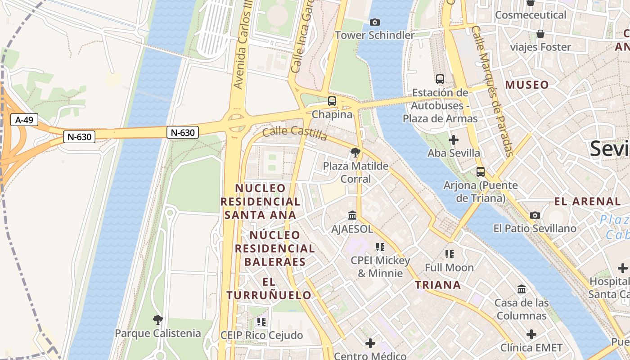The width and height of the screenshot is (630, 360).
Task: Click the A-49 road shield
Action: point(24,120)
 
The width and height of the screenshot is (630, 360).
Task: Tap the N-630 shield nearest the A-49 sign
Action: point(79,137)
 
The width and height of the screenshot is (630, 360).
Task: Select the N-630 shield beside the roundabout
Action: point(183,132)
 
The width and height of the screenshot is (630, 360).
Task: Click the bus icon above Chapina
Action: point(332,101)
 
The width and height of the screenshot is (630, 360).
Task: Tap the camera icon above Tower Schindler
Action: point(374,22)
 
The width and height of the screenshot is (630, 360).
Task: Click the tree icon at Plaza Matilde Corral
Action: point(355,153)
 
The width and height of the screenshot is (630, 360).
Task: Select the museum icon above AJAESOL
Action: point(352,216)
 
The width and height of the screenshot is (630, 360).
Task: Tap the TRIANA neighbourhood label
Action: point(438,285)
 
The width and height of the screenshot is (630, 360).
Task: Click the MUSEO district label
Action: point(527,85)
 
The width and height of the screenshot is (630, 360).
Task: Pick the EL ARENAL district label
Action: point(587,201)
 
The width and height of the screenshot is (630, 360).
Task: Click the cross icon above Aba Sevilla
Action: point(454,140)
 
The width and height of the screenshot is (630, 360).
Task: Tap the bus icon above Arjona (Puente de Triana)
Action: point(481,172)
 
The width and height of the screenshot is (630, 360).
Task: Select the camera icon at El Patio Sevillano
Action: point(535,215)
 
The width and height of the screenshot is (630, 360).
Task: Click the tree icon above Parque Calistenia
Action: point(157,320)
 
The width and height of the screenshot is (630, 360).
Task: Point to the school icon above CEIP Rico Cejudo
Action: point(261,322)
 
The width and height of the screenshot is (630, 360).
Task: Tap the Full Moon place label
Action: point(449,268)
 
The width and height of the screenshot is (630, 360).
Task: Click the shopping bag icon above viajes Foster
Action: point(540,34)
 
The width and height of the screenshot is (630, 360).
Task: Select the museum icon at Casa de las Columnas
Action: point(522,289)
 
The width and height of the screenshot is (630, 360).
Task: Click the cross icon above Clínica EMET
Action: point(531,334)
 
